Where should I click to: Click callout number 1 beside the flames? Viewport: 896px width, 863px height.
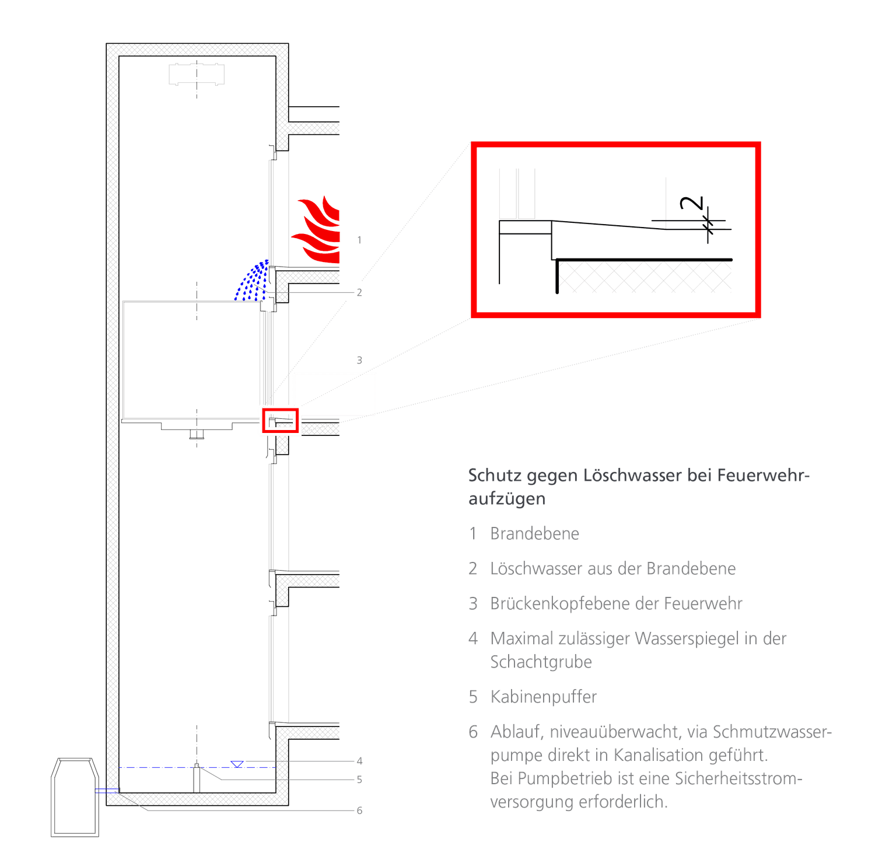coord(359,240)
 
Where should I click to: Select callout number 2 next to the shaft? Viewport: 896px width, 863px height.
coord(359,292)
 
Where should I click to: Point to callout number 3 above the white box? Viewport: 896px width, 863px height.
coord(359,361)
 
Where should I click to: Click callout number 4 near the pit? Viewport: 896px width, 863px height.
coord(359,761)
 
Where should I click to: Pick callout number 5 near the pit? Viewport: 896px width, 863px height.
coord(359,780)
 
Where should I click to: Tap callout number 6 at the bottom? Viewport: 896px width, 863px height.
coord(359,810)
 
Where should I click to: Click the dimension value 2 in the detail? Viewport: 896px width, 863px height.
coord(692,203)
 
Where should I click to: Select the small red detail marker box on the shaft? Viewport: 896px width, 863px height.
coord(280,421)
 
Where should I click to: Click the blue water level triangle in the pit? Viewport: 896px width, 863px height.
coord(237,764)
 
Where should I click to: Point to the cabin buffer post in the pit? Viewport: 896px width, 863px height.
coord(197,778)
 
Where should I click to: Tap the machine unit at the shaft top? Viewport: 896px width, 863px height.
coord(197,75)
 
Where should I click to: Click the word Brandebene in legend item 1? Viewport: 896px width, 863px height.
coord(534,534)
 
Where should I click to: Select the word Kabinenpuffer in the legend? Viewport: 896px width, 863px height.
coord(544,697)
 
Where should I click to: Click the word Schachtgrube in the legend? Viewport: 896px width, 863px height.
coord(541,662)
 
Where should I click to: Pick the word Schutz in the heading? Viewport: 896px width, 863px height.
coord(494,476)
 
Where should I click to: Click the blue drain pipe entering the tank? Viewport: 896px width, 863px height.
coord(107,791)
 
